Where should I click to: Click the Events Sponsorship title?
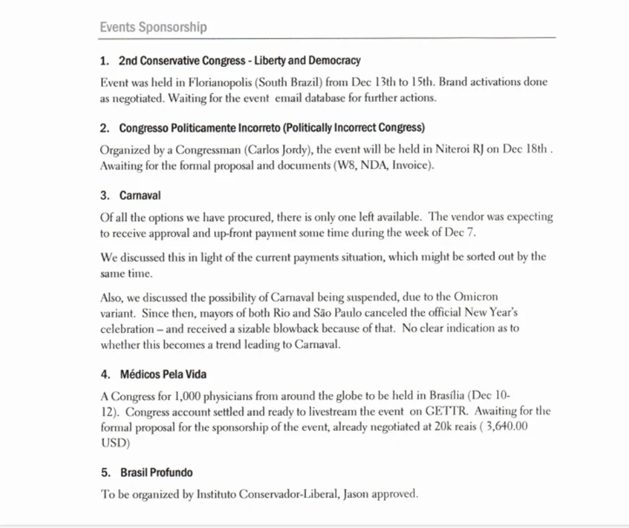pos(153,27)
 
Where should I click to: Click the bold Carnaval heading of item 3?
pos(140,196)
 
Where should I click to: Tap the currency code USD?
pos(112,444)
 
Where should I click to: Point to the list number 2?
pos(104,127)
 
